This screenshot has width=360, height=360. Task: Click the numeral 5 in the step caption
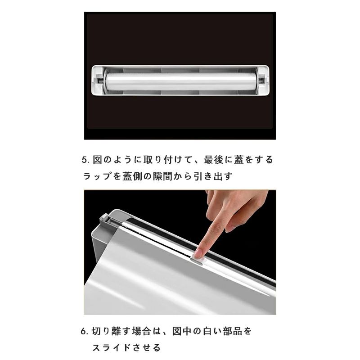coord(85,160)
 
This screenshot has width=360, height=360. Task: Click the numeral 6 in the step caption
coord(83,332)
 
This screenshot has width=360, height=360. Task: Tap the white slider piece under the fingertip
coord(197,259)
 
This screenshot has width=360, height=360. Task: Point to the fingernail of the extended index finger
coord(198,253)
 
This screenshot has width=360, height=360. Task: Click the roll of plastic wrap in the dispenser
coord(181,81)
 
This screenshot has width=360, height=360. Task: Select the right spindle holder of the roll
coord(262,81)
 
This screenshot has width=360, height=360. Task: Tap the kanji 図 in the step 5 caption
coord(97,160)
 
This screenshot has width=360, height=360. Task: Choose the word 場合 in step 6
coord(141,332)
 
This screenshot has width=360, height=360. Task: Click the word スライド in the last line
coord(111,347)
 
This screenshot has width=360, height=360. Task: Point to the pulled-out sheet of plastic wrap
coord(161,275)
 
